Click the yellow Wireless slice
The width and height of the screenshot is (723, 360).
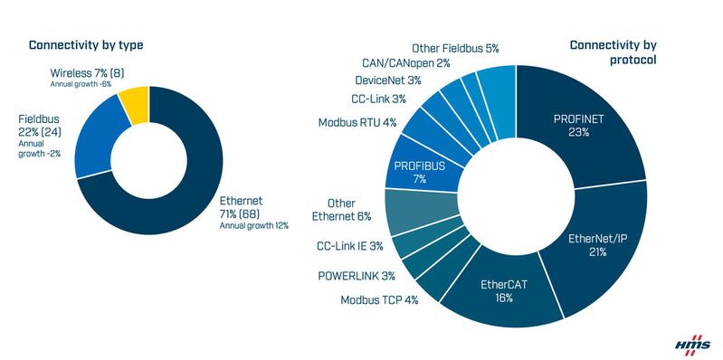(135, 104)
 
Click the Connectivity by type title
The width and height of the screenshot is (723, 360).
(86, 45)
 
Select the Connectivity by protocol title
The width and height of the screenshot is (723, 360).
(612, 52)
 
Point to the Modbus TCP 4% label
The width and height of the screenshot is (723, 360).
(379, 299)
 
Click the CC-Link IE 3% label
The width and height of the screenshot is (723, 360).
(350, 245)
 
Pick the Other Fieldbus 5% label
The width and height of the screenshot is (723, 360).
(455, 48)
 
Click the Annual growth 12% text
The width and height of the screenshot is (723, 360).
(254, 225)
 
